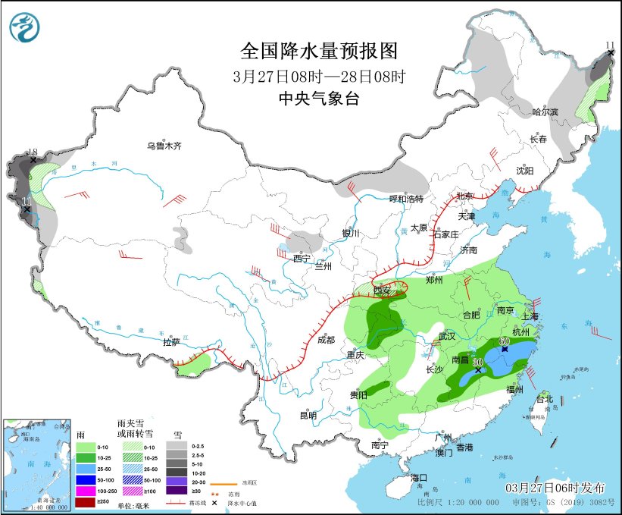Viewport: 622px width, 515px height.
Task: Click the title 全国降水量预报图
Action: coord(318,52)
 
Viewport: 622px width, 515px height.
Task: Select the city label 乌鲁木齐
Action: coord(164,146)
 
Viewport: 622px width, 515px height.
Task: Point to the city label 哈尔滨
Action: coord(545,111)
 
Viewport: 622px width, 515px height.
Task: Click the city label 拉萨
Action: coord(171,342)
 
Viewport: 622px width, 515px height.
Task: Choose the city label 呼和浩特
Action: coord(406,199)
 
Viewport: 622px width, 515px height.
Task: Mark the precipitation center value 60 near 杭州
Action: coord(505,341)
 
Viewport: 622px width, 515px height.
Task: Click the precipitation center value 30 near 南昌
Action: coord(478,362)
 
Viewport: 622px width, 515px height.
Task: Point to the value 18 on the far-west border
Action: coord(33,152)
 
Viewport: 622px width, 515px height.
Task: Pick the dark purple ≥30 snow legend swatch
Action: coord(180,490)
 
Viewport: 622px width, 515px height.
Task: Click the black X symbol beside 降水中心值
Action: coord(215,503)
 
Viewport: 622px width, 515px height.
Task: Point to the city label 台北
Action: coord(545,399)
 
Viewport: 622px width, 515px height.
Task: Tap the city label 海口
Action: coord(420,478)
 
